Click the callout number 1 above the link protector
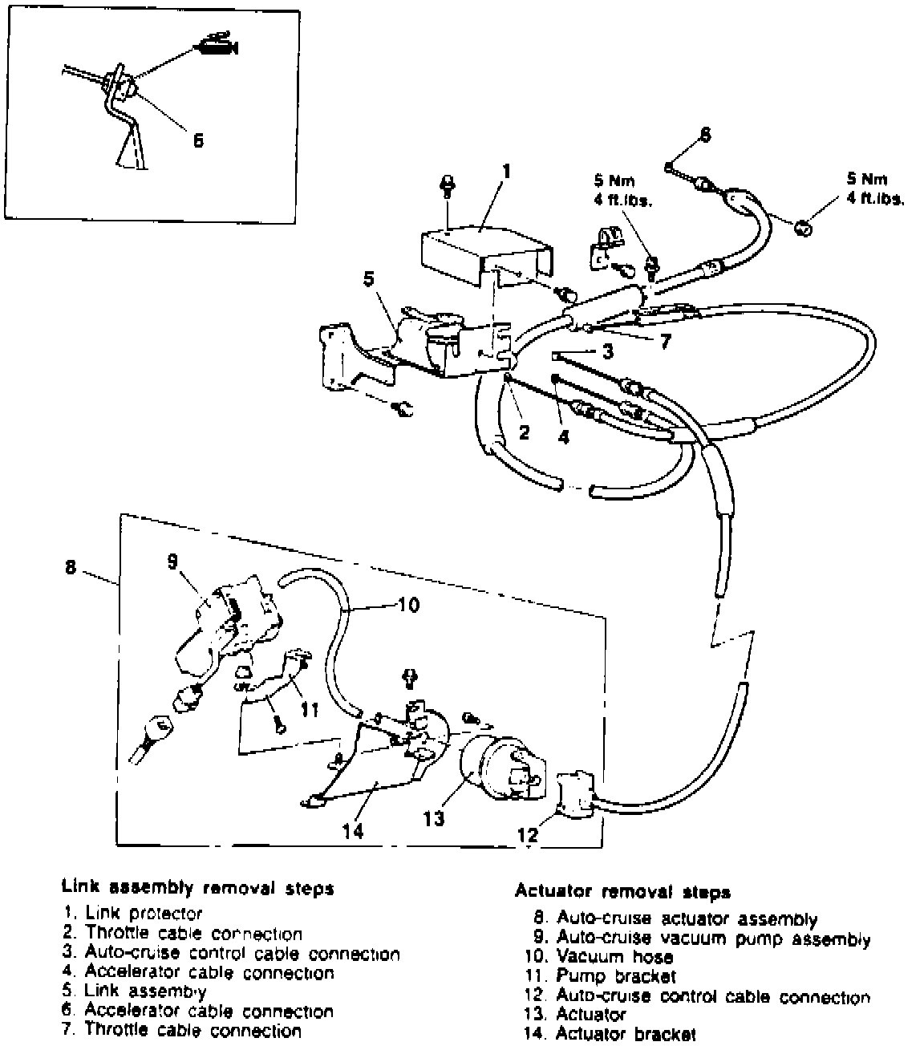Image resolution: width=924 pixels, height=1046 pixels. pos(505,172)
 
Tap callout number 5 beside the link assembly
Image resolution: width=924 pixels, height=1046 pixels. pos(368,278)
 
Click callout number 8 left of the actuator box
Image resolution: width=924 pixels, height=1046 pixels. pos(71,567)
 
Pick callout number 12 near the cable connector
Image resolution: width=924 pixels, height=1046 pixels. pos(527,835)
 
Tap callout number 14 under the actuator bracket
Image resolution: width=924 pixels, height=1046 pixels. pos(353,830)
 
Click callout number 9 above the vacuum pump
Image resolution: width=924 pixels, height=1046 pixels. pos(172,562)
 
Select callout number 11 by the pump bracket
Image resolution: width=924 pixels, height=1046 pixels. pos(310,709)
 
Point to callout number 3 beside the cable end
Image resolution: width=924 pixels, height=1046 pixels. pos(608,351)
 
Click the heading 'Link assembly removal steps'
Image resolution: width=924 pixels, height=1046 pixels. pos(197,888)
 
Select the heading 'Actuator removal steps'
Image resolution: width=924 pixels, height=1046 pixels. pos(622,892)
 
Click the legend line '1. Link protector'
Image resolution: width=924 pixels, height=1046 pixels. pos(132,913)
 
